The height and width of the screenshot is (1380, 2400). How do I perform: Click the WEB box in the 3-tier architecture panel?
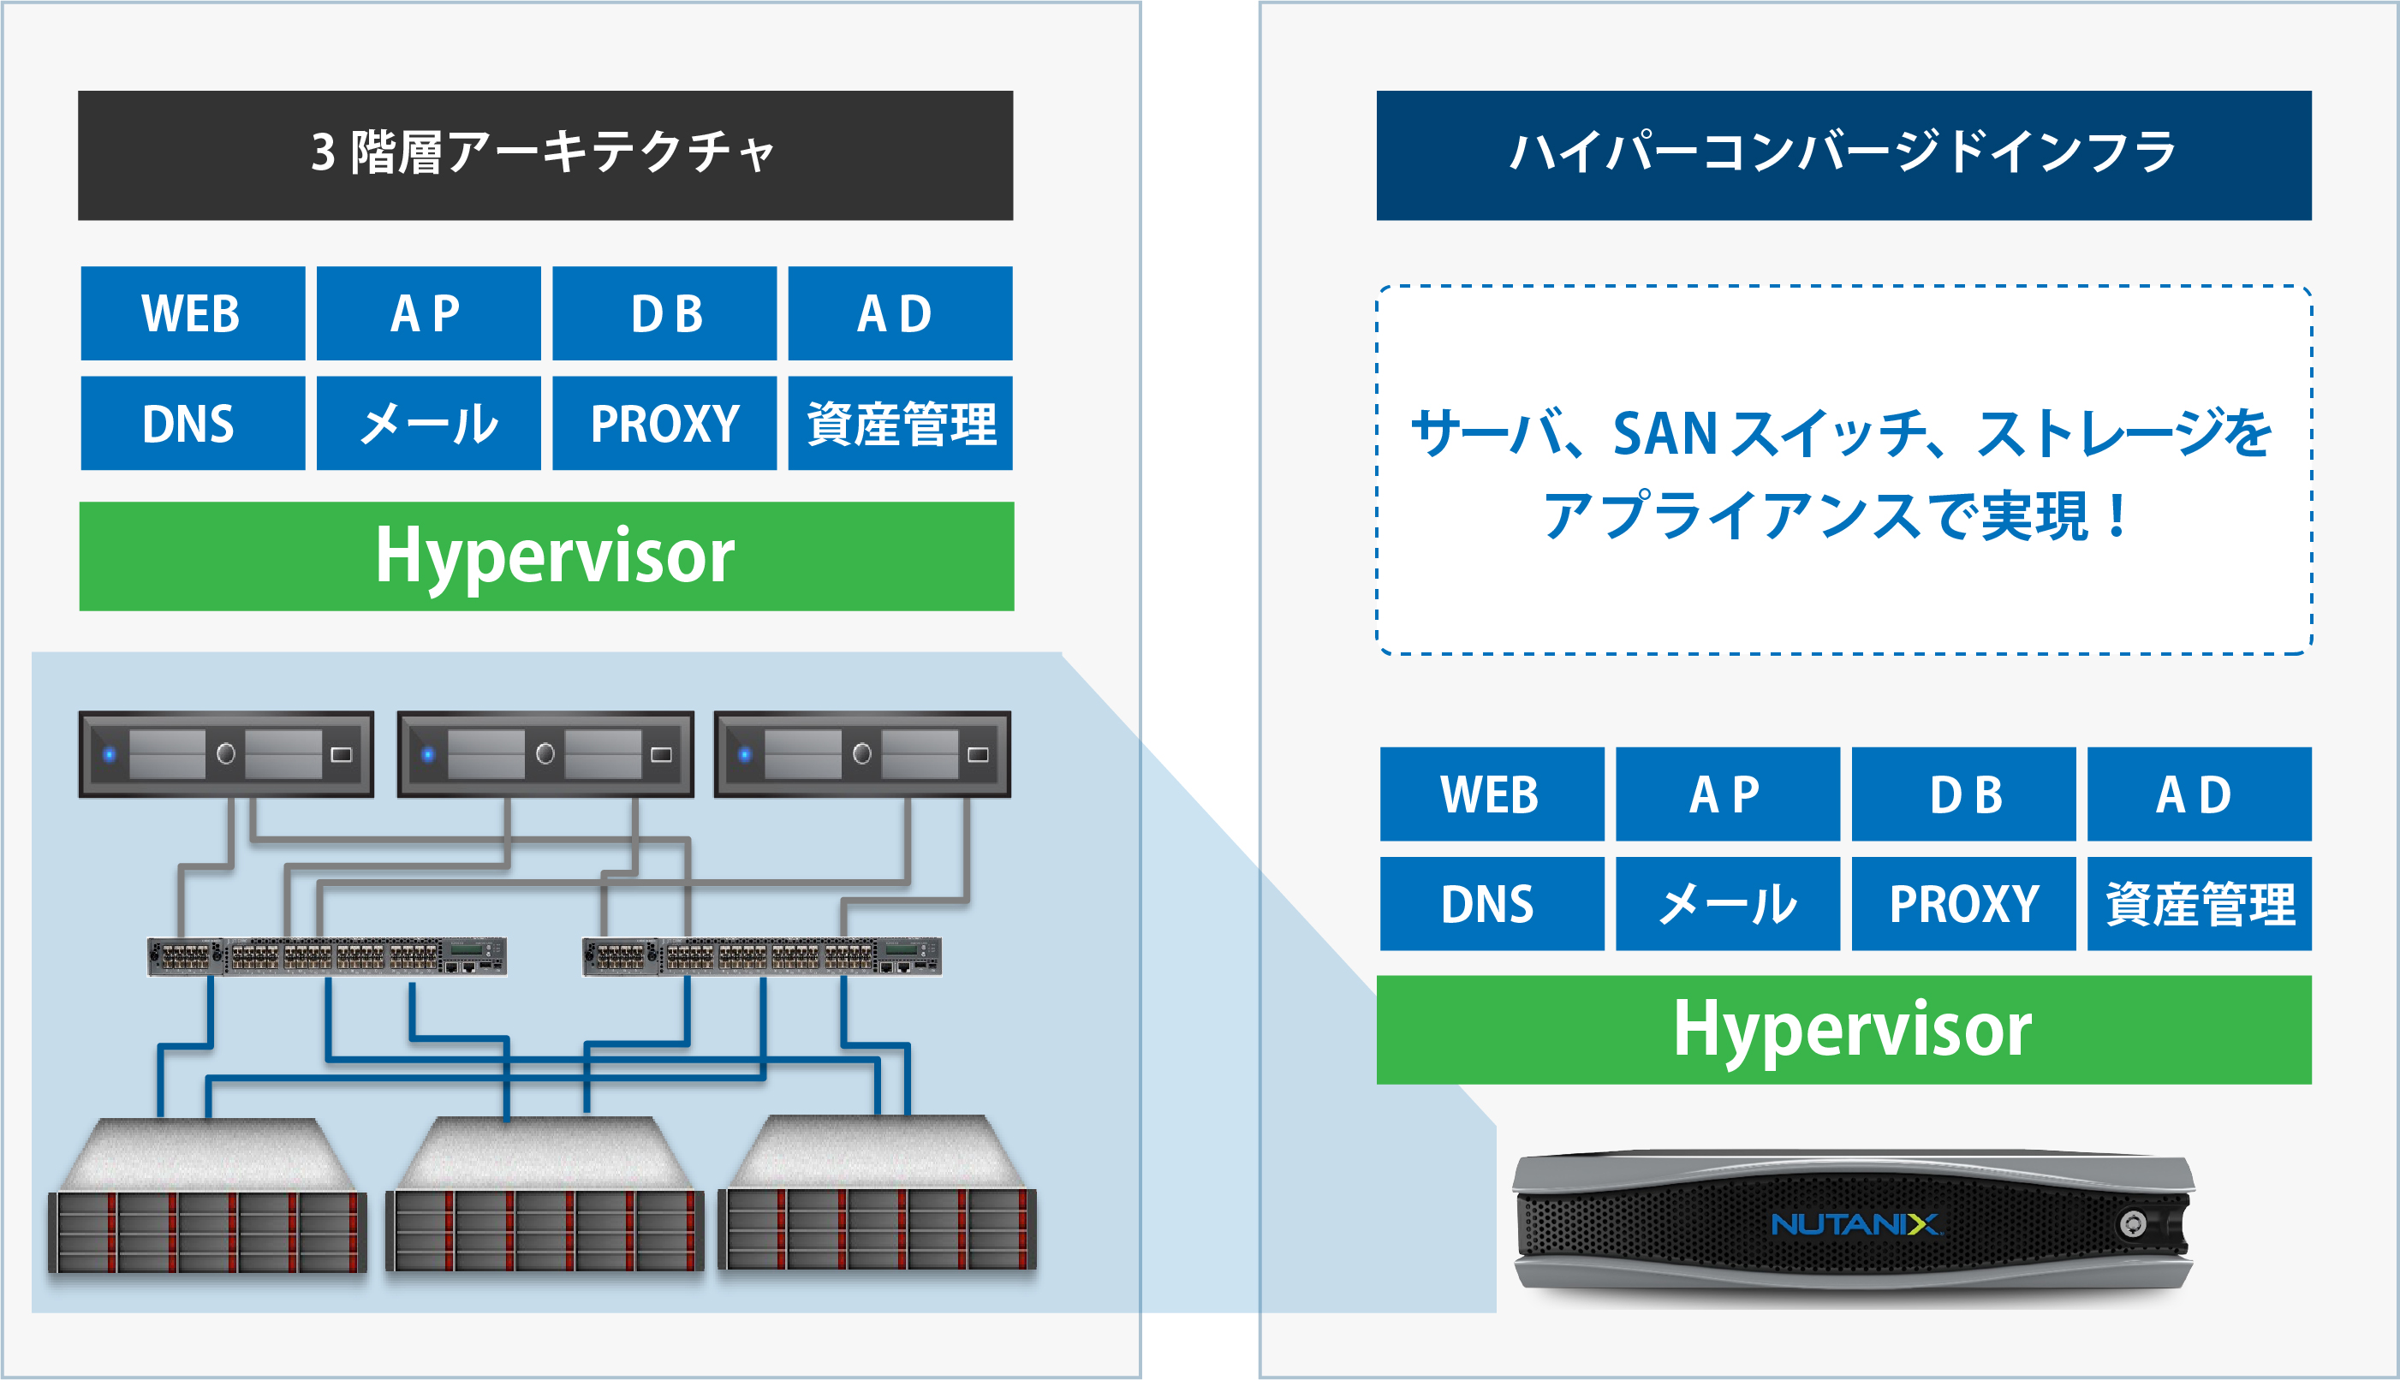(193, 312)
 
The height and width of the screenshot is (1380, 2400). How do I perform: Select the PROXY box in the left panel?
(664, 423)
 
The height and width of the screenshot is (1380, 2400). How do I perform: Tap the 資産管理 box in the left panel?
(900, 423)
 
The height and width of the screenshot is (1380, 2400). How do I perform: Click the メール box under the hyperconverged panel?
(1727, 903)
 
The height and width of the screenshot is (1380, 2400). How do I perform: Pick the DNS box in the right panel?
(1491, 903)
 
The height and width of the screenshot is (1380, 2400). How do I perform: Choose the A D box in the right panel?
(2198, 794)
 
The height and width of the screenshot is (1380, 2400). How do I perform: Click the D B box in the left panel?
(664, 312)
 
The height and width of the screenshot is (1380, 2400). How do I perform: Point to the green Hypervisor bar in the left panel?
(546, 556)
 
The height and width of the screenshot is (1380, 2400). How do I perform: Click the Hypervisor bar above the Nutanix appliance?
(1843, 1029)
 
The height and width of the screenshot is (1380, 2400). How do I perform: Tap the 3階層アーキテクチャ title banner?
(545, 156)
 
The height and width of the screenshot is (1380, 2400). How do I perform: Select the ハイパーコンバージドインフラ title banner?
(1843, 156)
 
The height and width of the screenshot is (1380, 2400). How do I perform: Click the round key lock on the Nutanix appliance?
(2133, 1224)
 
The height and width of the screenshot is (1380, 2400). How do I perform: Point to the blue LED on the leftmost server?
(110, 754)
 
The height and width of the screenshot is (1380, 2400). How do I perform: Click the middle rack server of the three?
(545, 754)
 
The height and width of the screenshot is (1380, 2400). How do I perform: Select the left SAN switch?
(327, 955)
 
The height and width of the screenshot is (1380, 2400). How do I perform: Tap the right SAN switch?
(761, 955)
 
